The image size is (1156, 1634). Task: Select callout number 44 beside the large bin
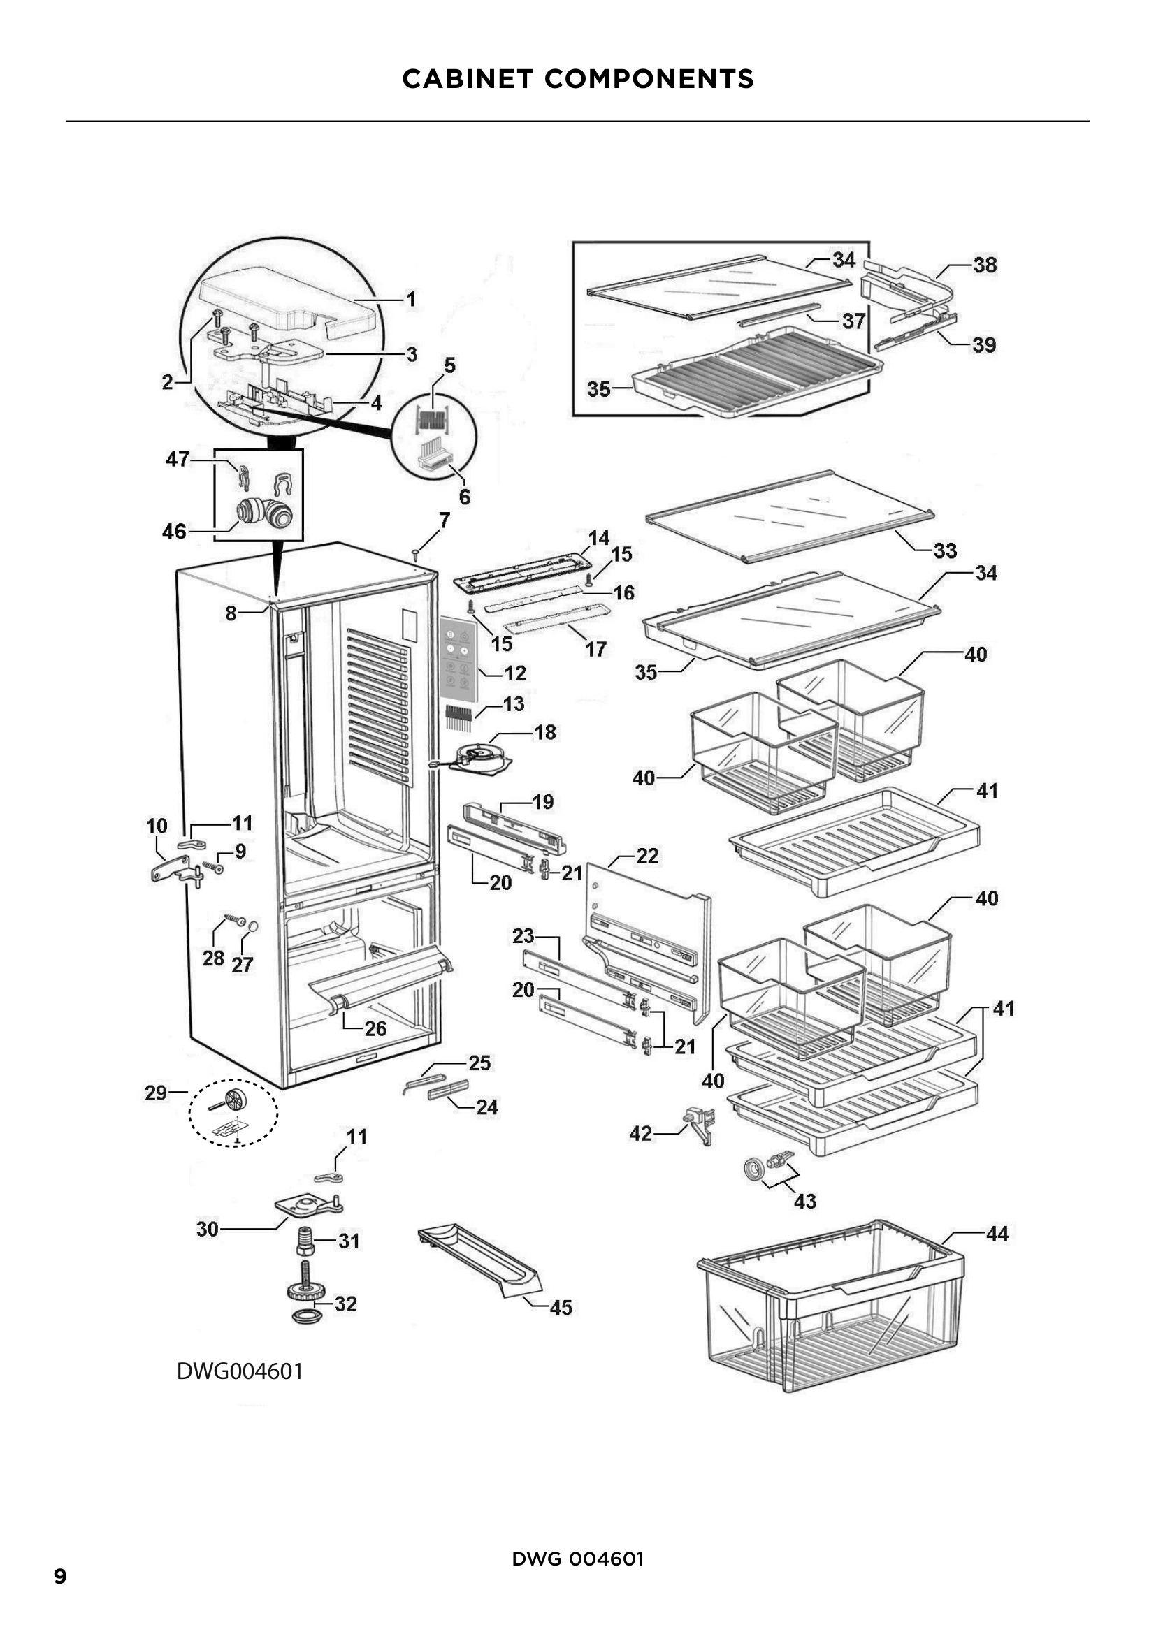(997, 1234)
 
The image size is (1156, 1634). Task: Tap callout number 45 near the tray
(561, 1307)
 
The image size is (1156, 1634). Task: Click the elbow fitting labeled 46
(263, 514)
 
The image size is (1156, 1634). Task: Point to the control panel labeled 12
(456, 656)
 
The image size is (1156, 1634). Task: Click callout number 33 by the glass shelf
(945, 550)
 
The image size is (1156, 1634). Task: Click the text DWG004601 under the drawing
(240, 1371)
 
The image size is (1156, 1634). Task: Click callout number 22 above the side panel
(646, 856)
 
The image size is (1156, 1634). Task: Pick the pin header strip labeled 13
(458, 717)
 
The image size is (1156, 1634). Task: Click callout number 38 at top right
(985, 265)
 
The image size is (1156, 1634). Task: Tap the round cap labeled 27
(253, 926)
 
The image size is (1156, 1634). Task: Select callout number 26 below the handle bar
(375, 1028)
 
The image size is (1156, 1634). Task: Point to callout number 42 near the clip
(640, 1133)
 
